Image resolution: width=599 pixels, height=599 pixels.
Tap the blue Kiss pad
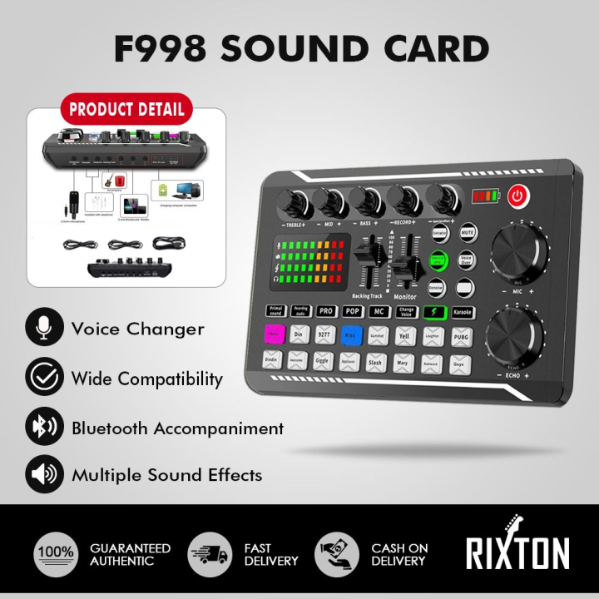[350, 336]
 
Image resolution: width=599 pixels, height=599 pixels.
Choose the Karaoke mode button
[463, 313]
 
